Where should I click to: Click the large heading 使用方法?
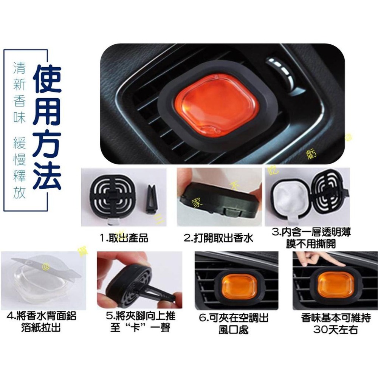pos(47,129)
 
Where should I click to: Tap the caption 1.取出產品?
pos(124,238)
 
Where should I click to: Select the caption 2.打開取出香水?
pos(218,238)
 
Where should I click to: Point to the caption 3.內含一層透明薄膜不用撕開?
pos(314,238)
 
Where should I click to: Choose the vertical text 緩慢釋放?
pos(19,168)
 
